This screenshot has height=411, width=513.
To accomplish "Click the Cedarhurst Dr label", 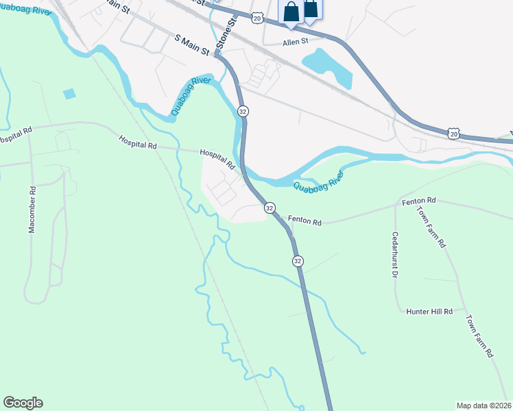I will (x=395, y=254).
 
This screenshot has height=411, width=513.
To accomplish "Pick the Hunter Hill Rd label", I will (x=429, y=311).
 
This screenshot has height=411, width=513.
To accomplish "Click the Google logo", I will (x=23, y=403).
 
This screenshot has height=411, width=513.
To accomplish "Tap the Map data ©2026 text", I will (x=484, y=406).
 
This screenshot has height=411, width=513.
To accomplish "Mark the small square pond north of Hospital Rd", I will (x=69, y=94).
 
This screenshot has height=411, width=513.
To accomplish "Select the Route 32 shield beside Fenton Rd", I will (x=269, y=208).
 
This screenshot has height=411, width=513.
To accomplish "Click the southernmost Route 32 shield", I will (x=298, y=261).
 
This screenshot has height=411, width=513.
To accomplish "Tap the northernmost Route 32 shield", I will (x=243, y=110).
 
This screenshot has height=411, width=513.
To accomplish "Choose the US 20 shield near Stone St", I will (x=256, y=18).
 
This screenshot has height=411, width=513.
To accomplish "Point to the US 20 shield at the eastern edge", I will (x=453, y=134).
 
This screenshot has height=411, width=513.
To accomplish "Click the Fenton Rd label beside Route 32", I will (x=305, y=222).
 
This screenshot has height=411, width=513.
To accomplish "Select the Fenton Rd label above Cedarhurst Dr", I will (x=419, y=200).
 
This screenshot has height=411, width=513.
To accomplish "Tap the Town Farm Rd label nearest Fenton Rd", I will (x=432, y=225).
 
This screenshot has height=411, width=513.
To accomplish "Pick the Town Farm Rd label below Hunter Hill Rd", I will (x=481, y=336).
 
